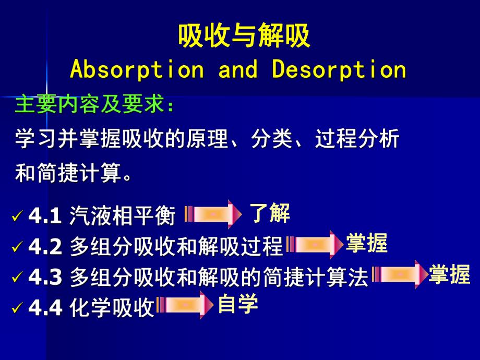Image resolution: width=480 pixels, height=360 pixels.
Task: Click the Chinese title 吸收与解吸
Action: tap(244, 37)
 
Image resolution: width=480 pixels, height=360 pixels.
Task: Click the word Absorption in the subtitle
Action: tap(137, 70)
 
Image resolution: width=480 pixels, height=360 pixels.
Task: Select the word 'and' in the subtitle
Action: tap(238, 70)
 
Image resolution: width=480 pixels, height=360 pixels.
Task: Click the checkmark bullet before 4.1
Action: tap(18, 216)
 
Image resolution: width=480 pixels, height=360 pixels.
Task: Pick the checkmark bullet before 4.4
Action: tap(18, 308)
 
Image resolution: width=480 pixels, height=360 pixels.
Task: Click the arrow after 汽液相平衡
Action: tap(213, 214)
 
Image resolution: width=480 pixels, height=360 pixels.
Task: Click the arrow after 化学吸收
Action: tap(185, 305)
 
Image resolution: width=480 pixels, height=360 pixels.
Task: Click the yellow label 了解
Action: tap(269, 213)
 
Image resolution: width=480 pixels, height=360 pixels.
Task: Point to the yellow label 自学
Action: tap(238, 304)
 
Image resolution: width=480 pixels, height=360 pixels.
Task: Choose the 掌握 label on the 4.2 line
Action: tap(367, 243)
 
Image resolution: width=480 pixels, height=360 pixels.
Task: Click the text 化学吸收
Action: tap(112, 308)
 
